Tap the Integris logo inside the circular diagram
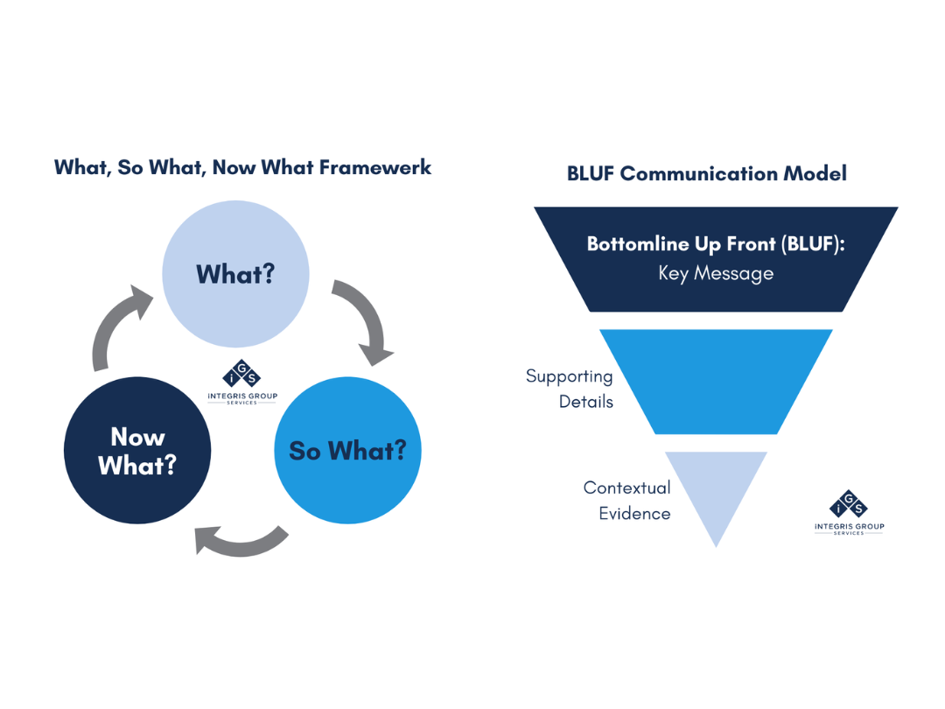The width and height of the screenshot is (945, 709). (241, 383)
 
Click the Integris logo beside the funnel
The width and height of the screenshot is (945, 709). (848, 513)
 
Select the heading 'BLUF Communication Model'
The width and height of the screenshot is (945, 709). (706, 173)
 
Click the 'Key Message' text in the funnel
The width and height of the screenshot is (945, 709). (716, 273)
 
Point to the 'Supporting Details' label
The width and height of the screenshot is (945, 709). (569, 389)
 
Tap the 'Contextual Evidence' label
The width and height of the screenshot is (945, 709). (626, 500)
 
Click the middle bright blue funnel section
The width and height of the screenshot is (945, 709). (716, 381)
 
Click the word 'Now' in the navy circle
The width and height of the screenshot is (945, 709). (137, 436)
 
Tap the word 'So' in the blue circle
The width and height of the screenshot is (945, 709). (304, 451)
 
